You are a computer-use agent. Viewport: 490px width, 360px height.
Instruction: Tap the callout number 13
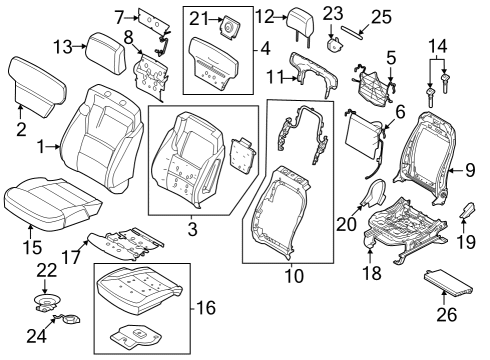click(x=61, y=46)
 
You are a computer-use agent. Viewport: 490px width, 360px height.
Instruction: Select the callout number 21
click(x=199, y=19)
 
